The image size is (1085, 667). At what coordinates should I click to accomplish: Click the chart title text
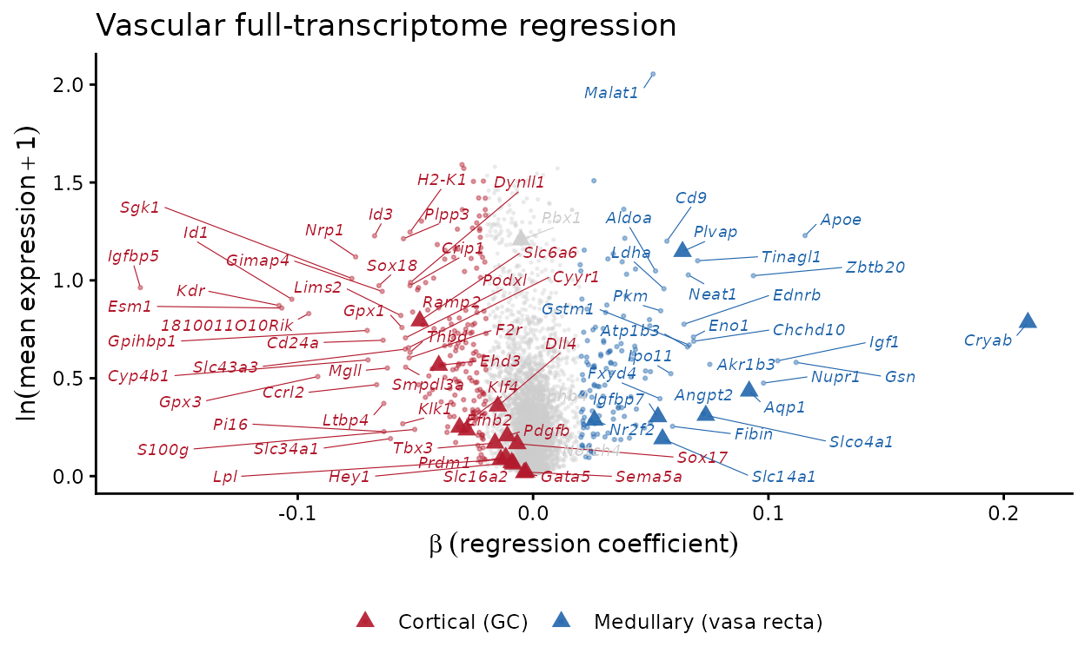pos(386,25)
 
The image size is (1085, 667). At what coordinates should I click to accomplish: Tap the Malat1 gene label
pos(611,93)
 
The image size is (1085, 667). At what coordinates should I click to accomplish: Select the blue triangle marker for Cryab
pos(1028,320)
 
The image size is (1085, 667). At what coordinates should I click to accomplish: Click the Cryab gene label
pos(988,340)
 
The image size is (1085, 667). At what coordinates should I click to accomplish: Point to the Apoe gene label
pos(841,220)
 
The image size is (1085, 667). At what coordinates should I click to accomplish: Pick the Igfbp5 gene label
pos(133,256)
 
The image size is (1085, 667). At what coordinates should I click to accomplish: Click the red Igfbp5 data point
pos(140,287)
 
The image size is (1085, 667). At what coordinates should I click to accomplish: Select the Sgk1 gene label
pos(139,208)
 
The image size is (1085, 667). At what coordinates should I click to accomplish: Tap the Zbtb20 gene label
pos(875,267)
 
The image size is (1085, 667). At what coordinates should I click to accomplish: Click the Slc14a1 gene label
pos(783,476)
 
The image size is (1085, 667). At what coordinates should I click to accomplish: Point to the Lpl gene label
pos(225,477)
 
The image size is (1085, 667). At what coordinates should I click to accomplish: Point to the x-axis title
pos(583,545)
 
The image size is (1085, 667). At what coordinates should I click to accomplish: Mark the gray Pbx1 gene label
pos(561,218)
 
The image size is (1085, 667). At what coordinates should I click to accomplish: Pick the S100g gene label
pos(163,450)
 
